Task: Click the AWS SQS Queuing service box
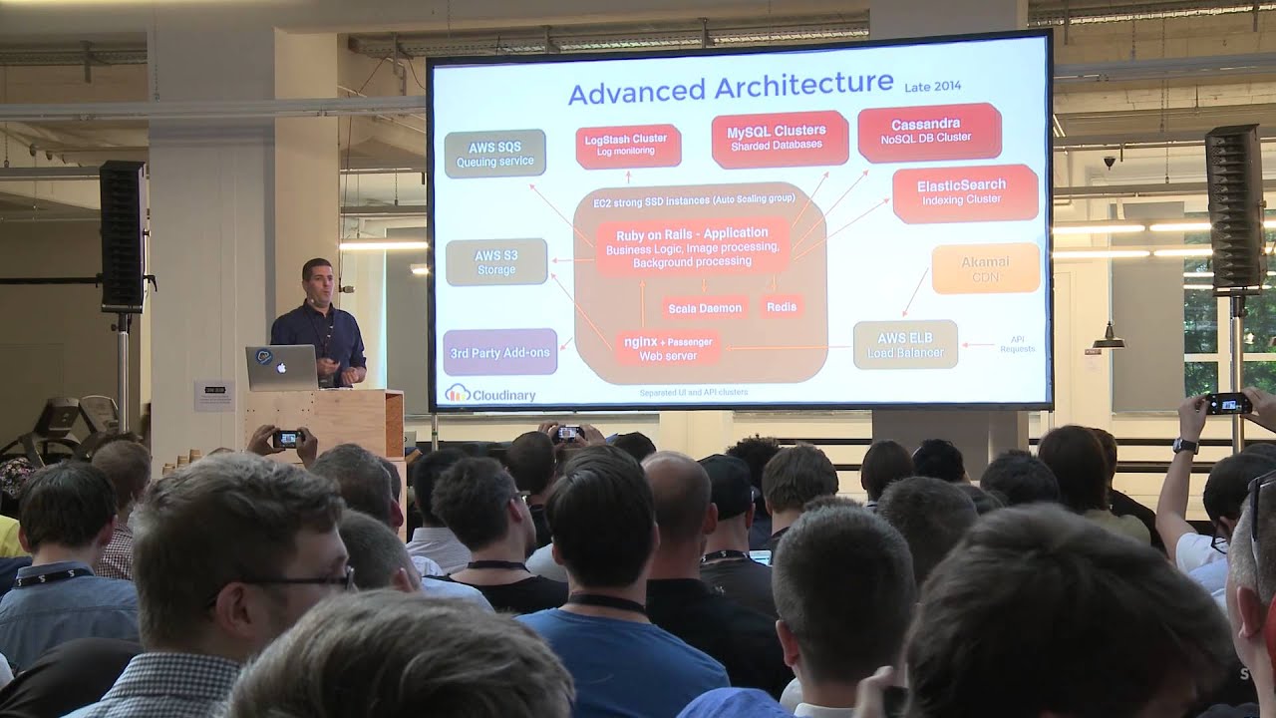[494, 154]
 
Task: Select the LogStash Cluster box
[627, 146]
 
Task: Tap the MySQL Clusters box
[778, 138]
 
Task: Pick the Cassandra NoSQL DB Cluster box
[927, 131]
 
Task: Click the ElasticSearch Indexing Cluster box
[963, 192]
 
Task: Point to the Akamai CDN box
[985, 267]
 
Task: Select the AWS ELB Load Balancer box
[905, 344]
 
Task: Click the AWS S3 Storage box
[496, 262]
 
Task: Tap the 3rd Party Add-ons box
[499, 352]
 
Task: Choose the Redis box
[782, 307]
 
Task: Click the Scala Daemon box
[705, 308]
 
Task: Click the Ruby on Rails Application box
[692, 246]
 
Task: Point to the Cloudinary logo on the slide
[489, 394]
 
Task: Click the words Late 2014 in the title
[932, 87]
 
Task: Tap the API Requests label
[1017, 344]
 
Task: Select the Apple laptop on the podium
[281, 367]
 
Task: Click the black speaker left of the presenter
[122, 236]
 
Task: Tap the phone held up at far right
[1227, 403]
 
